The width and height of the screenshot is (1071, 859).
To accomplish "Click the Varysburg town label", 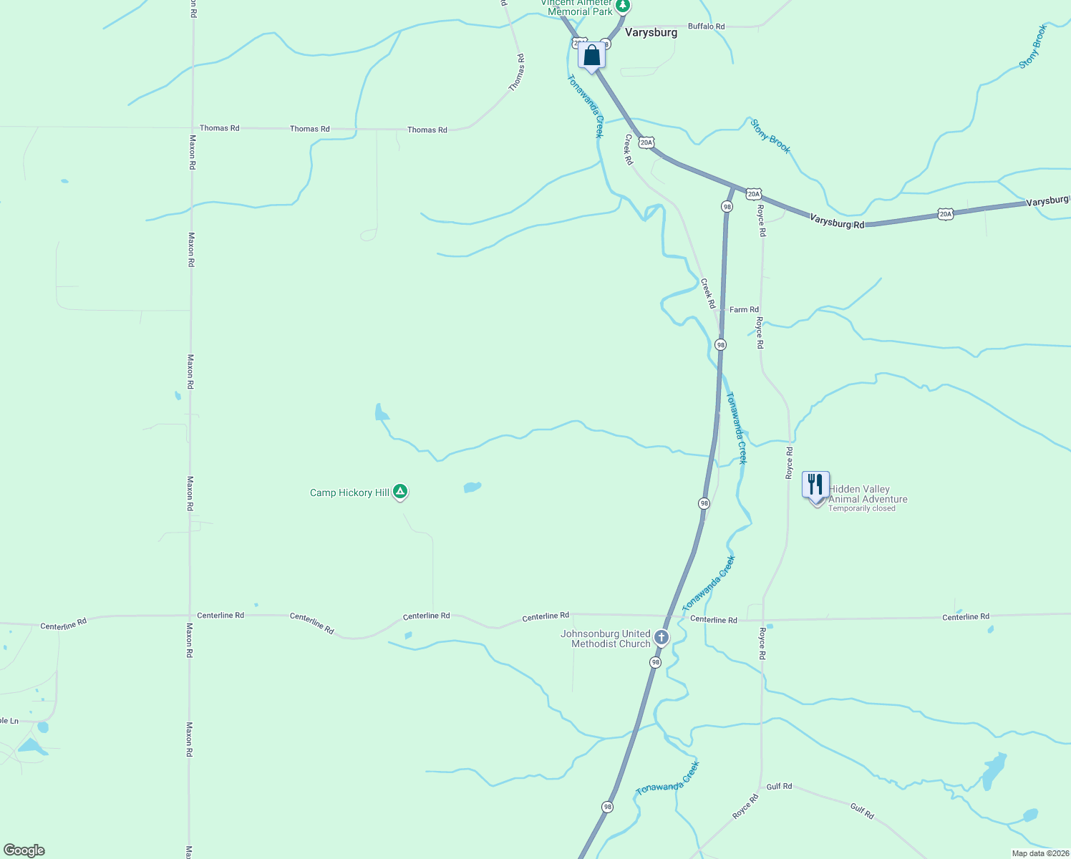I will [651, 32].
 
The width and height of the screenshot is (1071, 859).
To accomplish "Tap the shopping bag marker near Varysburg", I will [591, 55].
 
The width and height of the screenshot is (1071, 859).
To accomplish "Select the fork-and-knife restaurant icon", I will [815, 485].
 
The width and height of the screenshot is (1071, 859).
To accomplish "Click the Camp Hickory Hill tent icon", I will [401, 492].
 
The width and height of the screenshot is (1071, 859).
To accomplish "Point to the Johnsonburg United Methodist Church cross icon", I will [661, 637].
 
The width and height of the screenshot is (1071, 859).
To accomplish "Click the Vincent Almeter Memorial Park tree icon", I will [623, 6].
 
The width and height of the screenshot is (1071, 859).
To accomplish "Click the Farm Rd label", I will [744, 310].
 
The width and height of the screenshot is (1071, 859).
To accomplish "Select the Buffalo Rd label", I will [706, 26].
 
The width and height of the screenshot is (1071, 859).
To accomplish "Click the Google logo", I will [24, 850].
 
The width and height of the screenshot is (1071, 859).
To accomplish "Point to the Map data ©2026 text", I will [1039, 853].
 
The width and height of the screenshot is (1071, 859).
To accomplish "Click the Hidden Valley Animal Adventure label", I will [868, 495].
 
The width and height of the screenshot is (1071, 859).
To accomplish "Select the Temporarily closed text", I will [861, 509].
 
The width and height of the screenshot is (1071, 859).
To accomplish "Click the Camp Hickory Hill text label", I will [349, 492].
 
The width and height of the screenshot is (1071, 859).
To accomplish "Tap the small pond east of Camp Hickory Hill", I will [472, 487].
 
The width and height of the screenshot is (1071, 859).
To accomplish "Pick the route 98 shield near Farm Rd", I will [720, 344].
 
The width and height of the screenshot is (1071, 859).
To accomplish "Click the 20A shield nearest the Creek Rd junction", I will [646, 143].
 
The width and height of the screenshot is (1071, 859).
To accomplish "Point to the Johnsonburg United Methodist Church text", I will [606, 639].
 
